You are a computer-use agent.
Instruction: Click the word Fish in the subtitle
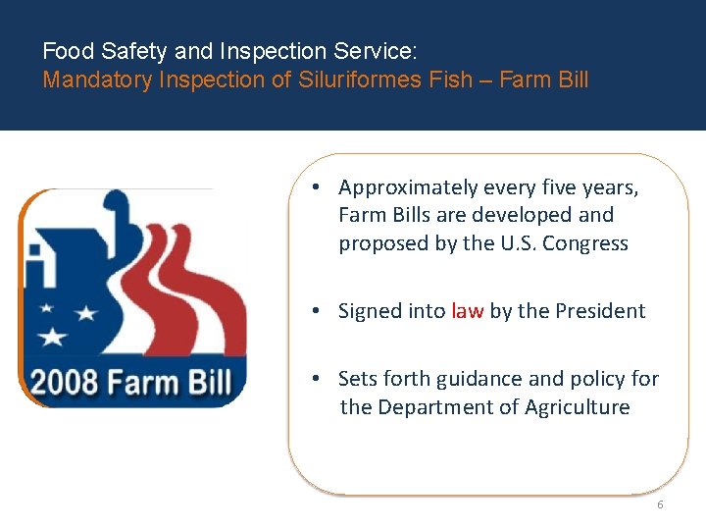click(x=452, y=79)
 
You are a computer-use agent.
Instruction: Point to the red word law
click(x=467, y=311)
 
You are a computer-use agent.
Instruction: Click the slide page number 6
click(x=660, y=504)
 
